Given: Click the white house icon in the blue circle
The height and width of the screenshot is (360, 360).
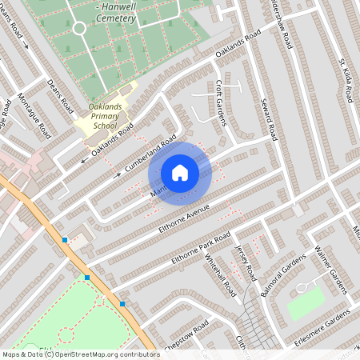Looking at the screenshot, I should click(x=180, y=172).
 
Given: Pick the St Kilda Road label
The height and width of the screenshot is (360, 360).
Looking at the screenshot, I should click(x=346, y=79).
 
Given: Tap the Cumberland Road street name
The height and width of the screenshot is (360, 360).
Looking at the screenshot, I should click(x=150, y=154).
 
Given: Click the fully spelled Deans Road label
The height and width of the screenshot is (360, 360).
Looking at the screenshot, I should click(x=60, y=95).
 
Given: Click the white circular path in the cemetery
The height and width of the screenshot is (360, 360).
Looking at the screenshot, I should click(x=79, y=28).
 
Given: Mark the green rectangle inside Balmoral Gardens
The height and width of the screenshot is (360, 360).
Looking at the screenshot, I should click(x=306, y=303).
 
